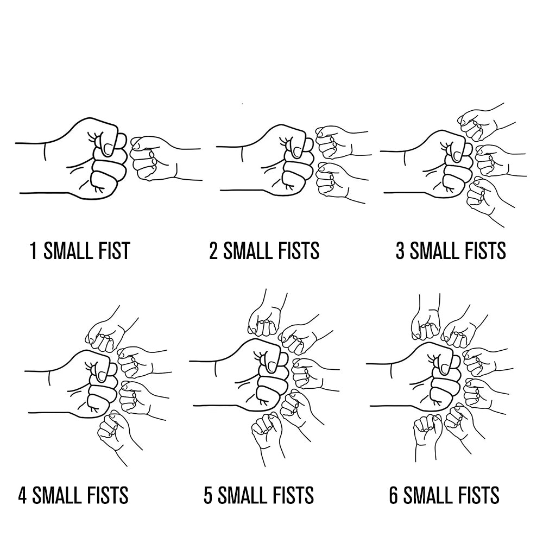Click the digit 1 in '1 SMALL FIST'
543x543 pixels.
33,251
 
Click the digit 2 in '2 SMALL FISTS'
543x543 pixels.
213,251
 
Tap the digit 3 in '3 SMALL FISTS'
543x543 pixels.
400,251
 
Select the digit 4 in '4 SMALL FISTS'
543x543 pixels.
22,495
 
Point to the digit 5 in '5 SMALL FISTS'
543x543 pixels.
208,495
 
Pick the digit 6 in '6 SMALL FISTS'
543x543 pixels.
394,495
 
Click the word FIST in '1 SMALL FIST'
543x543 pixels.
113,251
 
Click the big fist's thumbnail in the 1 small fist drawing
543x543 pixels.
109,149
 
